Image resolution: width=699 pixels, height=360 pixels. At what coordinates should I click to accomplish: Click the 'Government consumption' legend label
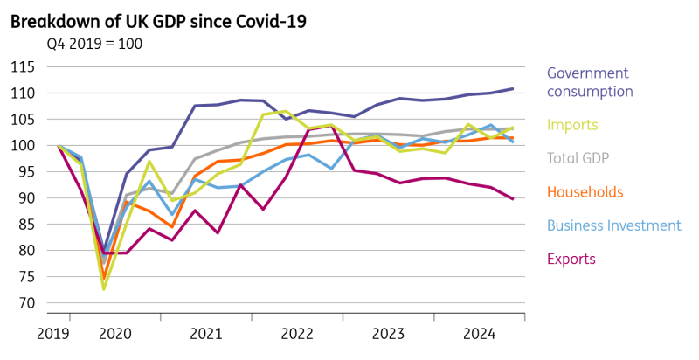click(x=590, y=82)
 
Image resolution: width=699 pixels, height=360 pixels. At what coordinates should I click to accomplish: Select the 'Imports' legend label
click(x=572, y=125)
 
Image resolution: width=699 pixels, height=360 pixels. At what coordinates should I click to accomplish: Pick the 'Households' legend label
click(x=585, y=191)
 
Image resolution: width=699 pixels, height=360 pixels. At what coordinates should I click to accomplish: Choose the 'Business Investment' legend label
click(x=613, y=225)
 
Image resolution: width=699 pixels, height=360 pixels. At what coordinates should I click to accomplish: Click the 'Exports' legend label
click(x=571, y=259)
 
